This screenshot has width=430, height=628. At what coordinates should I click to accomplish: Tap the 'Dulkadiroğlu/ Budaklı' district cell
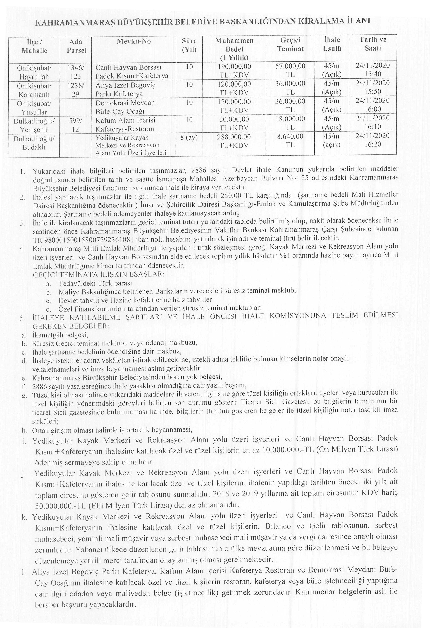coord(34,143)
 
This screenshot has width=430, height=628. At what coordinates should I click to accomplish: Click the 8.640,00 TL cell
coord(290,141)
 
